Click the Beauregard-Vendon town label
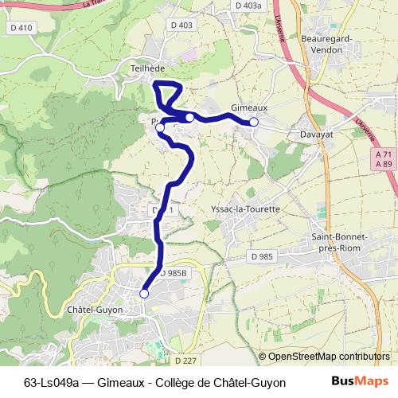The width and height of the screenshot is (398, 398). pyautogui.click(x=322, y=43)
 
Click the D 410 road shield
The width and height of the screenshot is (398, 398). pyautogui.click(x=23, y=29)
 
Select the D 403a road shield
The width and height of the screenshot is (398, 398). pyautogui.click(x=248, y=6)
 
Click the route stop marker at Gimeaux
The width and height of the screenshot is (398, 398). pyautogui.click(x=254, y=122)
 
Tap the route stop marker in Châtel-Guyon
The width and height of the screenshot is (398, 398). pyautogui.click(x=144, y=294)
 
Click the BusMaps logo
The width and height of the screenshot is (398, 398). pyautogui.click(x=360, y=382)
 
